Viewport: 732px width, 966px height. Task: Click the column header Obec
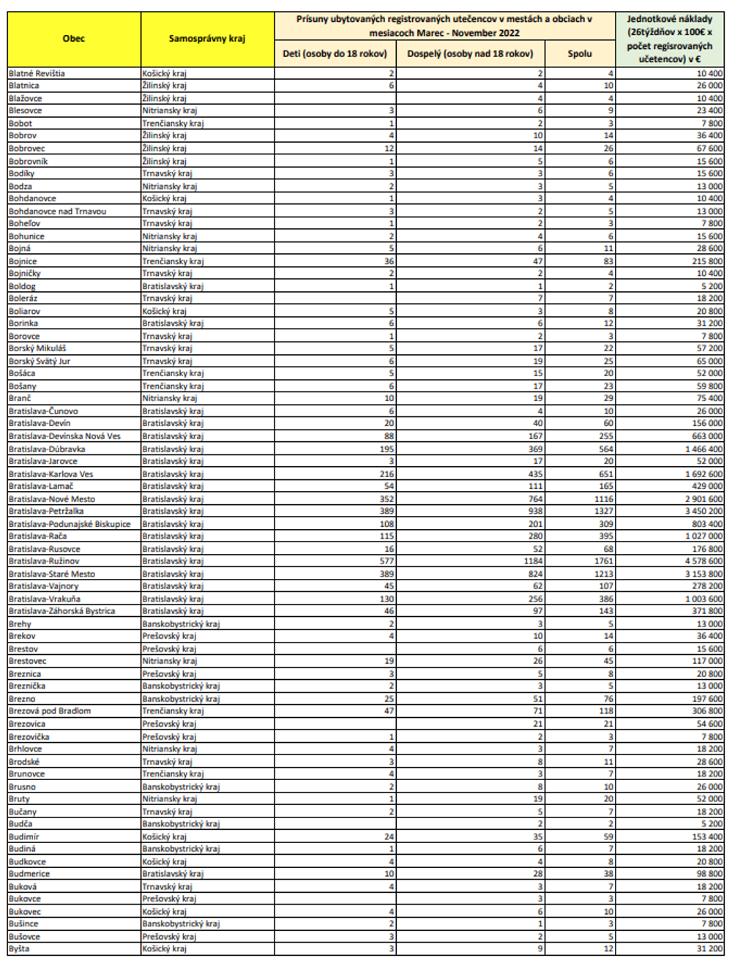[x=74, y=39]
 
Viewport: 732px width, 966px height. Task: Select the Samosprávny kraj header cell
[x=207, y=39]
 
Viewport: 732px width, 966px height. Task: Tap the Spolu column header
[x=579, y=53]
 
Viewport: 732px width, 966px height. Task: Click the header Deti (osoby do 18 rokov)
[x=335, y=53]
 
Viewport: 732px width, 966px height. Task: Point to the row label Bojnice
[x=23, y=261]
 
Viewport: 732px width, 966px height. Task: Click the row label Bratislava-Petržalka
[x=46, y=512]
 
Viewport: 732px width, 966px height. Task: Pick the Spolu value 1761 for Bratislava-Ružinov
[x=604, y=561]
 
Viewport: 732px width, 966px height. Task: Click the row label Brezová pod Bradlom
[x=50, y=711]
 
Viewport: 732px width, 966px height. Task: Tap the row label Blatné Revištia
[x=37, y=73]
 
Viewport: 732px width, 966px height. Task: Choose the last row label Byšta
[x=19, y=949]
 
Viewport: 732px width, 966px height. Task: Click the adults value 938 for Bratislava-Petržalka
[x=535, y=512]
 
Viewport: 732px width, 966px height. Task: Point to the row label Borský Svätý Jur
[x=40, y=362]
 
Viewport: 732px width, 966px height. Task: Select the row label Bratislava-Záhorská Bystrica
[x=61, y=611]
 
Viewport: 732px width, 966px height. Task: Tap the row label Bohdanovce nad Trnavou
[x=57, y=211]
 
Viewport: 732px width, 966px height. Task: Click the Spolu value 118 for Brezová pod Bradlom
[x=606, y=711]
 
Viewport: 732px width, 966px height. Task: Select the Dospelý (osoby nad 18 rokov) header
[x=470, y=53]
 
